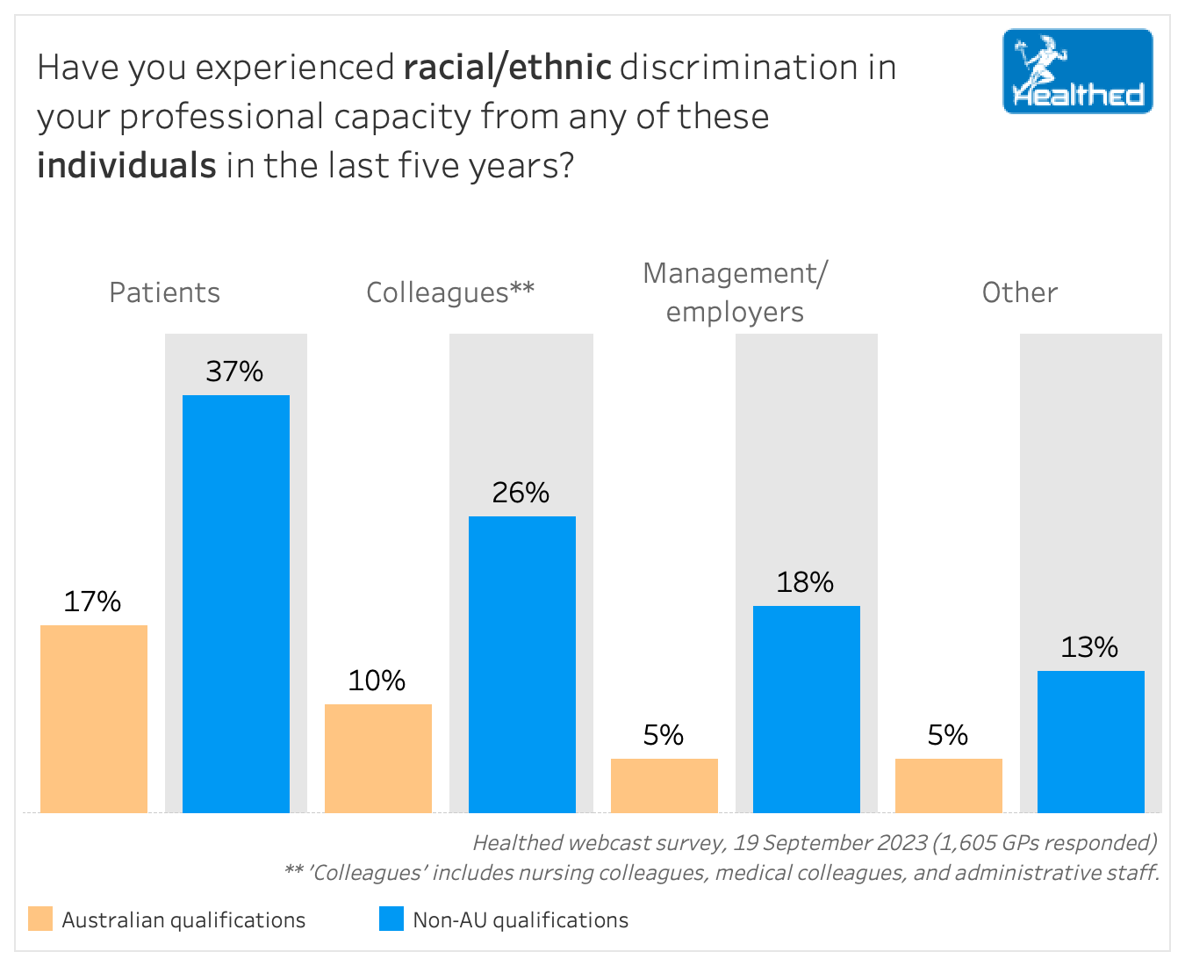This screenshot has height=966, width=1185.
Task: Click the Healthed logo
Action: point(1077,71)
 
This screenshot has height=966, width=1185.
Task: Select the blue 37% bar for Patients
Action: point(236,603)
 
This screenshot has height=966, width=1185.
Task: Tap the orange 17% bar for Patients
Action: point(94,718)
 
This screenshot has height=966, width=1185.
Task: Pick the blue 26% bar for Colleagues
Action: point(522,664)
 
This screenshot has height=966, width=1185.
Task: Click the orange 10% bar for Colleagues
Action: point(378,758)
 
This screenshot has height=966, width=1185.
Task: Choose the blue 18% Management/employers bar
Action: point(807,709)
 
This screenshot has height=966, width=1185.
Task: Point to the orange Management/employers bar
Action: point(664,785)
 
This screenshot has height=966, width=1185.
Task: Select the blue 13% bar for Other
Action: point(1091,741)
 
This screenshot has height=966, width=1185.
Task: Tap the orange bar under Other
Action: point(949,785)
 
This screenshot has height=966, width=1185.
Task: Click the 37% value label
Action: point(234,371)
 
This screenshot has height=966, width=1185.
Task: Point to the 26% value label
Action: point(521,493)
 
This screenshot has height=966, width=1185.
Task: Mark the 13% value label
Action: point(1089,647)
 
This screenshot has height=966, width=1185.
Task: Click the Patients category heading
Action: point(164,292)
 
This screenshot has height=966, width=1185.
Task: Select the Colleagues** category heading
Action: point(449,292)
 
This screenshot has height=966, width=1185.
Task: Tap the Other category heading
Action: point(1019,292)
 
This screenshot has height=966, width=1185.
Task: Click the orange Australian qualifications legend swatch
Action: point(40,919)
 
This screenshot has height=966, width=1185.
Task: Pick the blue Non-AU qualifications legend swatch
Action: point(391,919)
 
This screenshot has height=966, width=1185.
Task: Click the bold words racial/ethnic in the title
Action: point(507,68)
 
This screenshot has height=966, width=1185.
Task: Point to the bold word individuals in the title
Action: point(126,165)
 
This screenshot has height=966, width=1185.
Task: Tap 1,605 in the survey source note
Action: point(964,843)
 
